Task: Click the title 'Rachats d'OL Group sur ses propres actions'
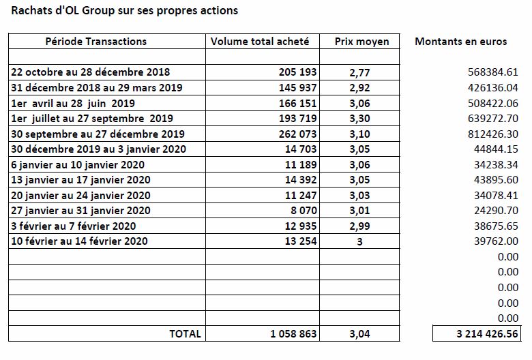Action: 125,10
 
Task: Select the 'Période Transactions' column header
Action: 96,42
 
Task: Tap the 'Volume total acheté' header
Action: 260,42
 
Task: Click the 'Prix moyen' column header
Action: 361,42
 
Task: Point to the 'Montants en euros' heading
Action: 461,42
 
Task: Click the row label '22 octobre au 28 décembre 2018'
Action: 91,72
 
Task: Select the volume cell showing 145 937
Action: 297,87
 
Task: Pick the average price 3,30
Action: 359,119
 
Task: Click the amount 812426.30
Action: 493,134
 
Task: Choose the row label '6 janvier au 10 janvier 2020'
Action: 78,165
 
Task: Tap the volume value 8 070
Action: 304,211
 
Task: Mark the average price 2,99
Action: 359,226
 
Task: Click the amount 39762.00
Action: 496,241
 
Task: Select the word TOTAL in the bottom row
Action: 185,334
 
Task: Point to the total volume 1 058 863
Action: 293,334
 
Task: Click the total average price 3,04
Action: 359,334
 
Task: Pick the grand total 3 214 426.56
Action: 487,334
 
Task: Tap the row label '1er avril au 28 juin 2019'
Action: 73,103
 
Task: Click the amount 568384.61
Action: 493,72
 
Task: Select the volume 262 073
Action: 297,134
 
